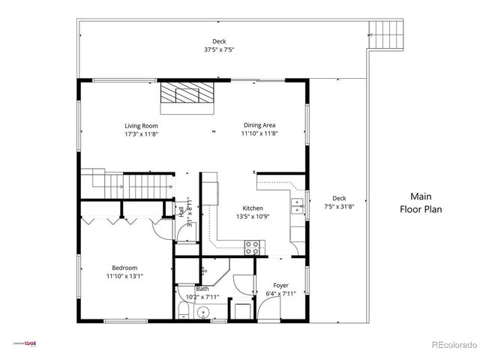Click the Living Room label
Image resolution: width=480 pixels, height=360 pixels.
coord(141,125)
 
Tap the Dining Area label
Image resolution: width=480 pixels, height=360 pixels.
coord(259,125)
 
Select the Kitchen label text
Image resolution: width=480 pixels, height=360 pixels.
coord(252,208)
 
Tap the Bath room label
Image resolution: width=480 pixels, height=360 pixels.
coord(202,289)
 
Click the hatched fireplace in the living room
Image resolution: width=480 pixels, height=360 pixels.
coord(186,94)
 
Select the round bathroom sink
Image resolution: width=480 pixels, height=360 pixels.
coord(202,315)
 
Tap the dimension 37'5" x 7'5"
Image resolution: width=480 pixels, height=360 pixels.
coord(219,50)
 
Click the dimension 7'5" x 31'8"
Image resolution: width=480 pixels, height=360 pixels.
coord(340,207)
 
